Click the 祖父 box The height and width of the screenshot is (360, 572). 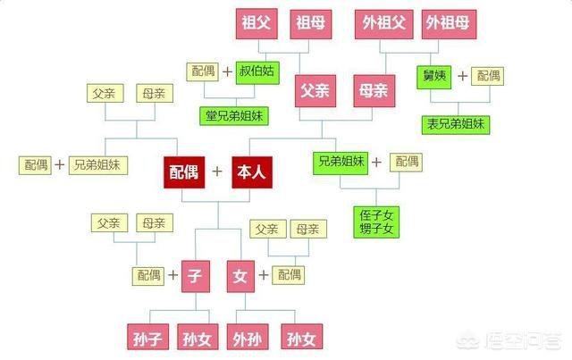click(x=257, y=24)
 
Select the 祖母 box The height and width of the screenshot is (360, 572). click(x=311, y=24)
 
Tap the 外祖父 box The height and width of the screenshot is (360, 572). click(x=384, y=24)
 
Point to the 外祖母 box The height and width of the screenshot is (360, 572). click(x=449, y=24)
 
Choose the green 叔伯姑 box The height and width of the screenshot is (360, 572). click(x=257, y=72)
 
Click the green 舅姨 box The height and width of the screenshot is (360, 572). click(x=434, y=77)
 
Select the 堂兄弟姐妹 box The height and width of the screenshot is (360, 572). click(x=234, y=116)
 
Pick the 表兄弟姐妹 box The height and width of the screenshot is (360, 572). click(x=456, y=125)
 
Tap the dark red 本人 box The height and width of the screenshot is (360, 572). click(x=252, y=172)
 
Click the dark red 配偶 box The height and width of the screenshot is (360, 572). click(x=184, y=172)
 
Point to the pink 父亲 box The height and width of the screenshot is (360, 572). click(x=315, y=91)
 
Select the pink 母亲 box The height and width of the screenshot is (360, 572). click(x=374, y=91)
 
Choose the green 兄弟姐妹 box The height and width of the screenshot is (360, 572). click(x=341, y=163)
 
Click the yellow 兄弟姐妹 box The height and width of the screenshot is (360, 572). click(x=98, y=165)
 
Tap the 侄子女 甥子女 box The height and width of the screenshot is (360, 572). click(x=376, y=222)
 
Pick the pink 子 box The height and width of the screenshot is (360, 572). click(x=196, y=276)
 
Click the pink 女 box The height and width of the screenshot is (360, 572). click(x=240, y=276)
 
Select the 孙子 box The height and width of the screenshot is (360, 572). click(x=147, y=337)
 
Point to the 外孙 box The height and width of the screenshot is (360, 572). click(x=248, y=337)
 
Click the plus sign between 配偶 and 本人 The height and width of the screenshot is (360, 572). click(x=217, y=171)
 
